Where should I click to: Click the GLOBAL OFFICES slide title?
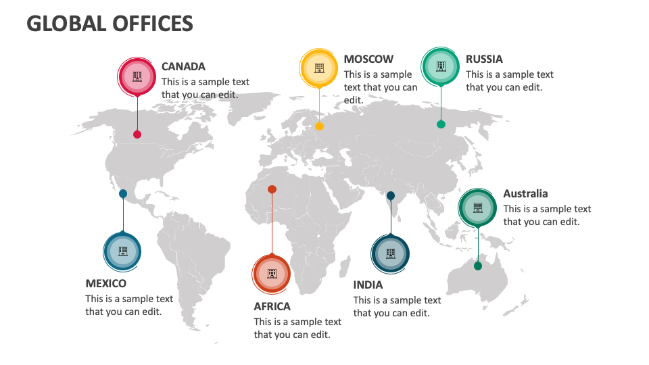point(110,24)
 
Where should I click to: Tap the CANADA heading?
point(183,66)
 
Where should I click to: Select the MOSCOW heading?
point(368,59)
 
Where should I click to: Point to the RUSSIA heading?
point(484,59)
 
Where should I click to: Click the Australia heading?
point(525,193)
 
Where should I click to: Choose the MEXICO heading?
point(105,283)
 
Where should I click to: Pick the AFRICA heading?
point(272,306)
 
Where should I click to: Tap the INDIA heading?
point(368,285)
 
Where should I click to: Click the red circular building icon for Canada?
point(137,76)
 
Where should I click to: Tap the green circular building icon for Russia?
point(441,66)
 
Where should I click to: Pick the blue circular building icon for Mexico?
point(123,252)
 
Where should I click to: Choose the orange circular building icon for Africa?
point(272,274)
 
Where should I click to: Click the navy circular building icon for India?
point(391,254)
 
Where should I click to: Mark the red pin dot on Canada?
point(137,135)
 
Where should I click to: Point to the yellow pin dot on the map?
point(319,126)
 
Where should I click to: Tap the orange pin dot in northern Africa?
point(272,189)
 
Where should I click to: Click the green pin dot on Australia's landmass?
point(478,266)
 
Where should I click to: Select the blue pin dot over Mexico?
point(123,193)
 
